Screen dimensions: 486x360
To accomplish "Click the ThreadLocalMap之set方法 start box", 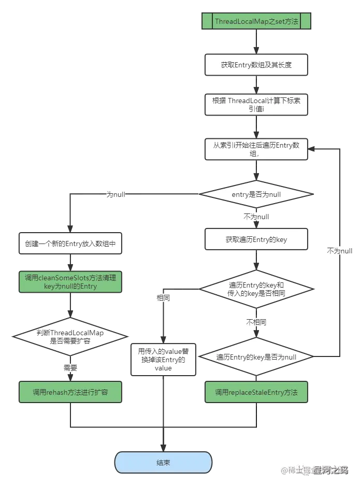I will pos(256,22).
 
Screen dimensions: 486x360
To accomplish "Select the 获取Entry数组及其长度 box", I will pos(256,65).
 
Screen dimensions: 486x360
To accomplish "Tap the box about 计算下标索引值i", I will pos(256,105).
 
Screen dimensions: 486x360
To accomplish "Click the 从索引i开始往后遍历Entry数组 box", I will pos(256,149).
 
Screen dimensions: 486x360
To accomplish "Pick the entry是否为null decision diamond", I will pos(256,194).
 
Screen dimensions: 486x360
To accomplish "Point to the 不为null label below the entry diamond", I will pos(256,217).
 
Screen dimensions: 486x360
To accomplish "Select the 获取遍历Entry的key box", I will pos(256,240).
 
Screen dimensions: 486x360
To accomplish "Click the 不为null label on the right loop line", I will pos(340,251).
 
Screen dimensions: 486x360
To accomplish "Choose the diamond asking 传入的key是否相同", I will pos(256,289).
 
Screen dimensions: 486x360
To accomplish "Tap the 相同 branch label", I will pos(163,297).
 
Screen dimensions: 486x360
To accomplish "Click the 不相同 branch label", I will pos(256,322).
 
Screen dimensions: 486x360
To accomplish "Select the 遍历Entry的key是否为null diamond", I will pos(256,357).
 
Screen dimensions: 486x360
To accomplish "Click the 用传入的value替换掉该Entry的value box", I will pos(163,358).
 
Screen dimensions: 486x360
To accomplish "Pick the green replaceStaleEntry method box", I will pos(256,392).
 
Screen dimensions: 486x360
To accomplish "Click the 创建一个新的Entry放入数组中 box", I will pos(70,243).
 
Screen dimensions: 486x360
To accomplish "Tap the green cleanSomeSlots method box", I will pos(70,282).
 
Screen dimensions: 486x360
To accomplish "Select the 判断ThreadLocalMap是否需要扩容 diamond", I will pos(70,337).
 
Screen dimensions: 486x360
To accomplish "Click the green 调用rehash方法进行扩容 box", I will pos(70,392).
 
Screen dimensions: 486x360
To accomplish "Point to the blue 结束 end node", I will pos(163,463).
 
